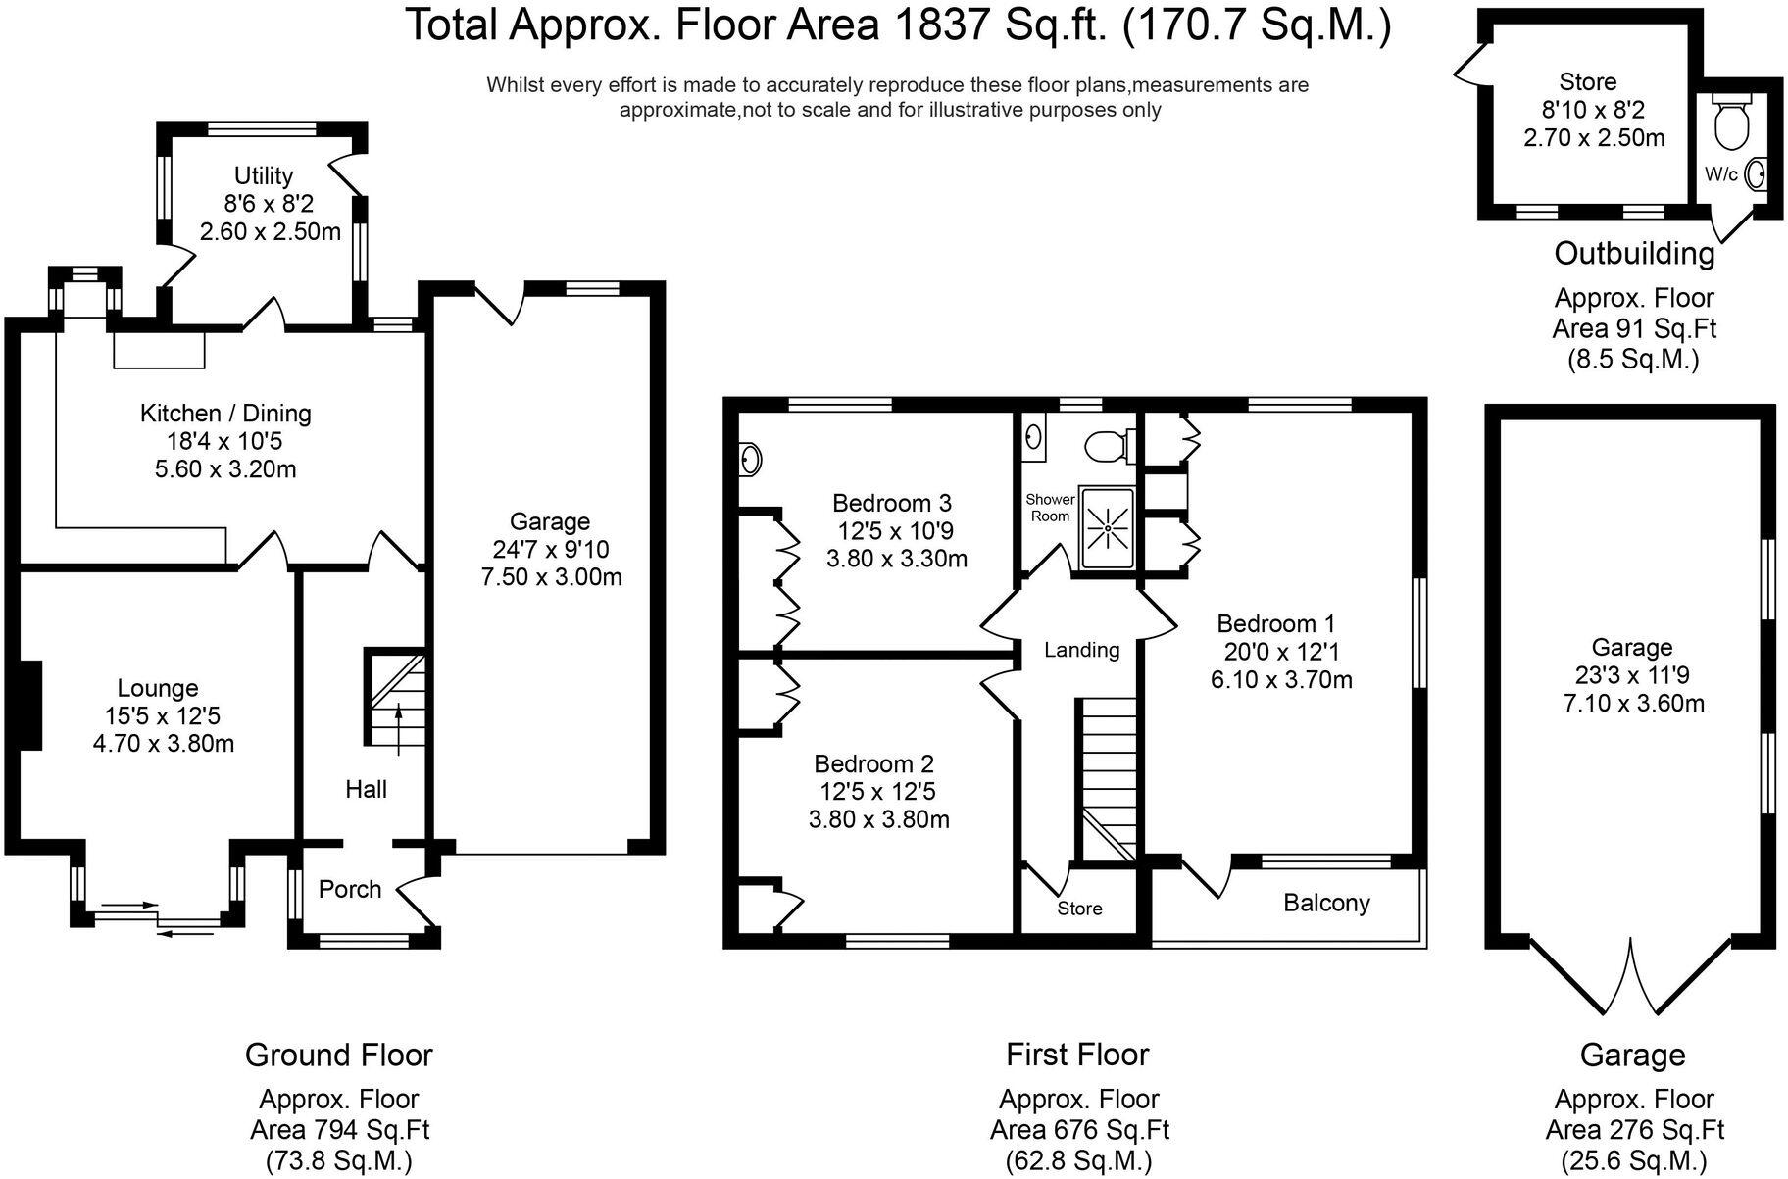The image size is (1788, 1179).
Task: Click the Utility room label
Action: (x=264, y=175)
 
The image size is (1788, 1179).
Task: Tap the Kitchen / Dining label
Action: (x=225, y=413)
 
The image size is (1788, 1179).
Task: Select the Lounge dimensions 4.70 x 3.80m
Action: (x=164, y=744)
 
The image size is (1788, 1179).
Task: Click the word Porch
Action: (x=350, y=889)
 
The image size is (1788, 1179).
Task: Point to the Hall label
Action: (x=366, y=789)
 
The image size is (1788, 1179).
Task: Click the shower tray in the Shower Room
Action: (x=1107, y=528)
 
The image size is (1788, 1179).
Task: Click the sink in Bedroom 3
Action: (x=750, y=458)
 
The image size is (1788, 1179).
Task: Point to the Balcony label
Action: (x=1326, y=903)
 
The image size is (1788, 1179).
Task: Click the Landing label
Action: (x=1081, y=649)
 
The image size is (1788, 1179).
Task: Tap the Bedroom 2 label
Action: (x=874, y=763)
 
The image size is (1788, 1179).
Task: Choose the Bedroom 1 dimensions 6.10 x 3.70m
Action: (x=1281, y=679)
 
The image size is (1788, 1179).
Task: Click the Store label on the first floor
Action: (x=1079, y=909)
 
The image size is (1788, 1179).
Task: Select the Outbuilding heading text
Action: (x=1634, y=253)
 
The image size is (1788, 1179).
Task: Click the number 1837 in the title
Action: (x=937, y=25)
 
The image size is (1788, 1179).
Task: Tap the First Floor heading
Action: (x=1077, y=1054)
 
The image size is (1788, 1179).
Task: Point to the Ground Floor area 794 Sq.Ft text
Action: (x=339, y=1129)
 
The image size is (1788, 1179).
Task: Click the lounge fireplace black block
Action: (x=30, y=706)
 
